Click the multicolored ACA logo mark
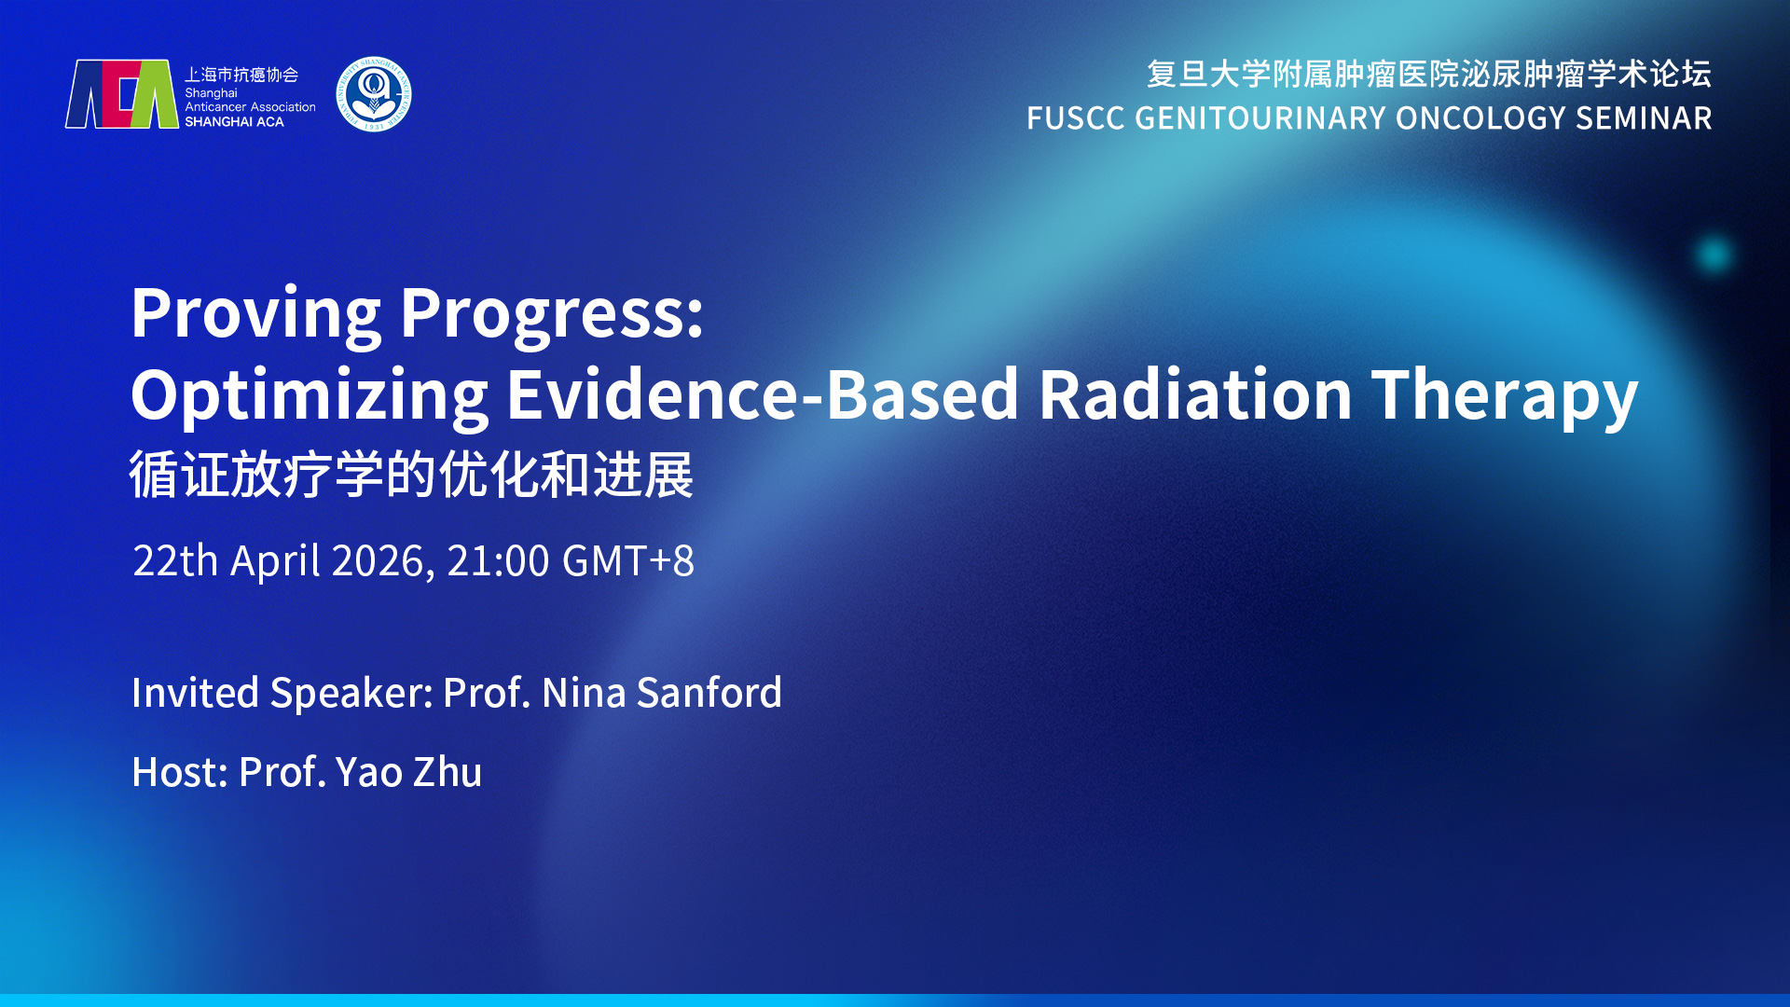[121, 94]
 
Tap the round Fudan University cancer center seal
[374, 94]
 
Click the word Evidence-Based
[763, 394]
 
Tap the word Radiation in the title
[1195, 394]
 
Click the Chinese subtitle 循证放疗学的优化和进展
[411, 475]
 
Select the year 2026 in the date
[382, 561]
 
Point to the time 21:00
[498, 561]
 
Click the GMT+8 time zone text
[628, 561]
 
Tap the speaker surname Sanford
[709, 693]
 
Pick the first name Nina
[584, 693]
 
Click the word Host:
[180, 772]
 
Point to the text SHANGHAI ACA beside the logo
[234, 122]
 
